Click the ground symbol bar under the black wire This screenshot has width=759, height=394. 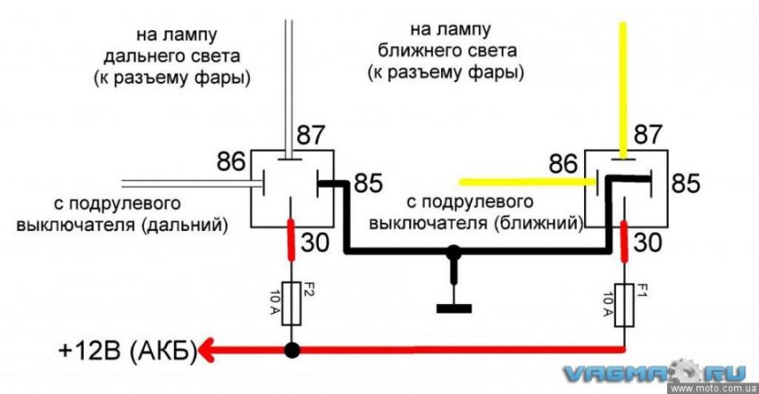(455, 309)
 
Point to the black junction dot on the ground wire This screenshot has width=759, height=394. (455, 254)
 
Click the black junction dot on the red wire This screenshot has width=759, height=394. (291, 349)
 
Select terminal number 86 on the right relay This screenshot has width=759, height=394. (563, 163)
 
